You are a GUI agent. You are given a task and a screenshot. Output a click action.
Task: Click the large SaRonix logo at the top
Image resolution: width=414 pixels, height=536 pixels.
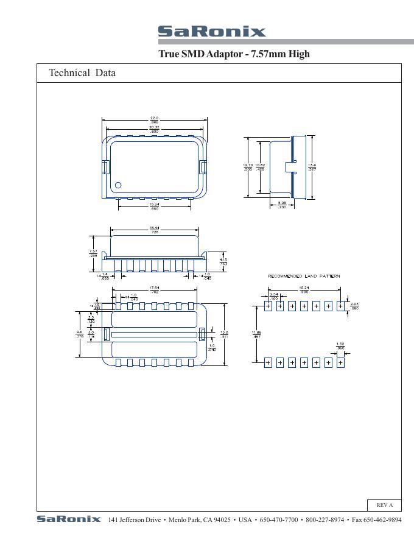(211, 32)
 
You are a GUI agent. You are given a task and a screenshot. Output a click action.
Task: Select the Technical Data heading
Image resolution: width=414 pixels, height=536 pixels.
(82, 73)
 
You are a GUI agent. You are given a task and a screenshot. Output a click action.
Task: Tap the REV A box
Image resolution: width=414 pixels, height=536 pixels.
(384, 505)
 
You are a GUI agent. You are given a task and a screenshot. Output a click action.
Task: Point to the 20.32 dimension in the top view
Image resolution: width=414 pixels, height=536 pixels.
(155, 129)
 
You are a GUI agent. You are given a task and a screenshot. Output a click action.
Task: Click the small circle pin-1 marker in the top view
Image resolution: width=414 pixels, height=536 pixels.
(118, 185)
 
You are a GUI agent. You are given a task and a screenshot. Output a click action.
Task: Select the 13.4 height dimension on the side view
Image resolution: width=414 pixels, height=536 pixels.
(312, 167)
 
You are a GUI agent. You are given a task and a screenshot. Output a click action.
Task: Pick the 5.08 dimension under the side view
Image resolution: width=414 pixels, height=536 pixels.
(282, 205)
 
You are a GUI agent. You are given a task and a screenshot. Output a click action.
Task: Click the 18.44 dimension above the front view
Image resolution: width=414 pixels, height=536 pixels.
(155, 230)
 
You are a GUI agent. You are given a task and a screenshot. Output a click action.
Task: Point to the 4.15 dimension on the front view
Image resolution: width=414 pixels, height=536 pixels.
(223, 262)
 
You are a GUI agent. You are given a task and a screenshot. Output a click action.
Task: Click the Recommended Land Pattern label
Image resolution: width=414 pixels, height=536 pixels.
(304, 277)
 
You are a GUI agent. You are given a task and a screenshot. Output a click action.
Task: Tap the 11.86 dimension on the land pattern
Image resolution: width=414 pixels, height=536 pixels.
(256, 334)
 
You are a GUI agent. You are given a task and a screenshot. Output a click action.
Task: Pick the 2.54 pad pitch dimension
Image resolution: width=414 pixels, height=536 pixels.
(274, 296)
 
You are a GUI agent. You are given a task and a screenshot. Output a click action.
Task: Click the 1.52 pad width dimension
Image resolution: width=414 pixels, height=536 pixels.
(340, 346)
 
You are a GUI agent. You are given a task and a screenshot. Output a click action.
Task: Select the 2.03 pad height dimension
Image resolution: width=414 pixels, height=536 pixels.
(354, 306)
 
